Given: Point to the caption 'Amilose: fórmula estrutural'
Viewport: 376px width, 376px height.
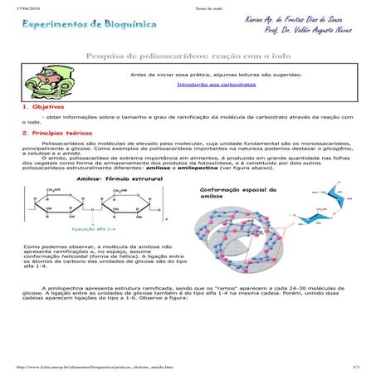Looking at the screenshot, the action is click(x=106, y=178).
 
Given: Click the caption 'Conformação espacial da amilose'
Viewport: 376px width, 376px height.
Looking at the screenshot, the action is click(x=232, y=193).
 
